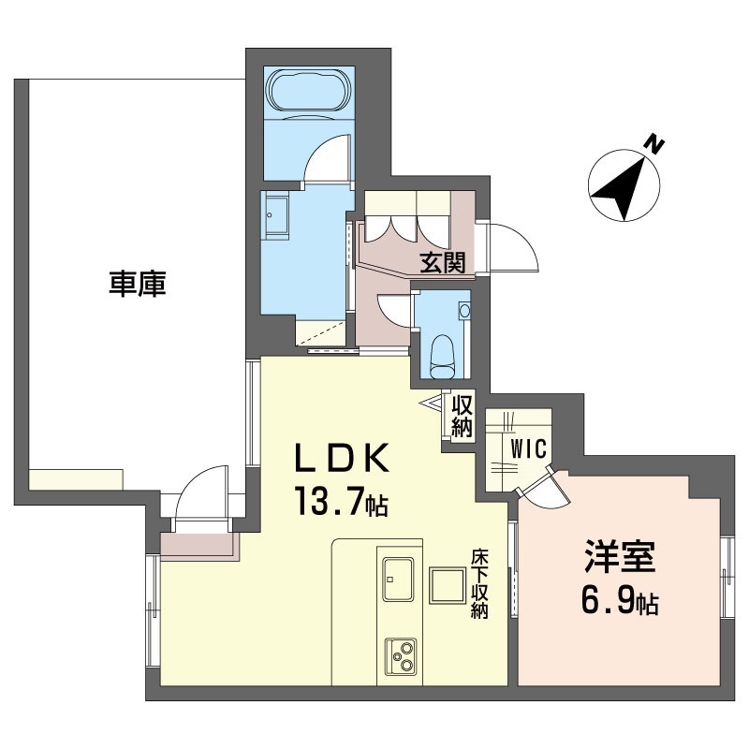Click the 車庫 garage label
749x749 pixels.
(x=137, y=284)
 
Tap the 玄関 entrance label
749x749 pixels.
(x=442, y=262)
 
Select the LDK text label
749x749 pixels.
(x=342, y=458)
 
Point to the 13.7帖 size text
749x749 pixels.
(x=341, y=501)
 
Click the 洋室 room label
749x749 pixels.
(x=620, y=557)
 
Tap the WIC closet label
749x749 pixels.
(x=528, y=449)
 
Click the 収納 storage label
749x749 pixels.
(x=462, y=416)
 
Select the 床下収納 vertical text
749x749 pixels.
(x=479, y=584)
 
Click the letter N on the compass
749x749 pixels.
(x=654, y=144)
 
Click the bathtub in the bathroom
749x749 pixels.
(x=309, y=93)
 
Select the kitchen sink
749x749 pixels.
(x=397, y=580)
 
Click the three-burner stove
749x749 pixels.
(x=401, y=656)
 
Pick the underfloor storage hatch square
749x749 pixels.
(x=448, y=586)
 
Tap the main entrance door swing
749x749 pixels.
(x=513, y=247)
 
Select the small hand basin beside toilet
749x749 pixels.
(x=463, y=311)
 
